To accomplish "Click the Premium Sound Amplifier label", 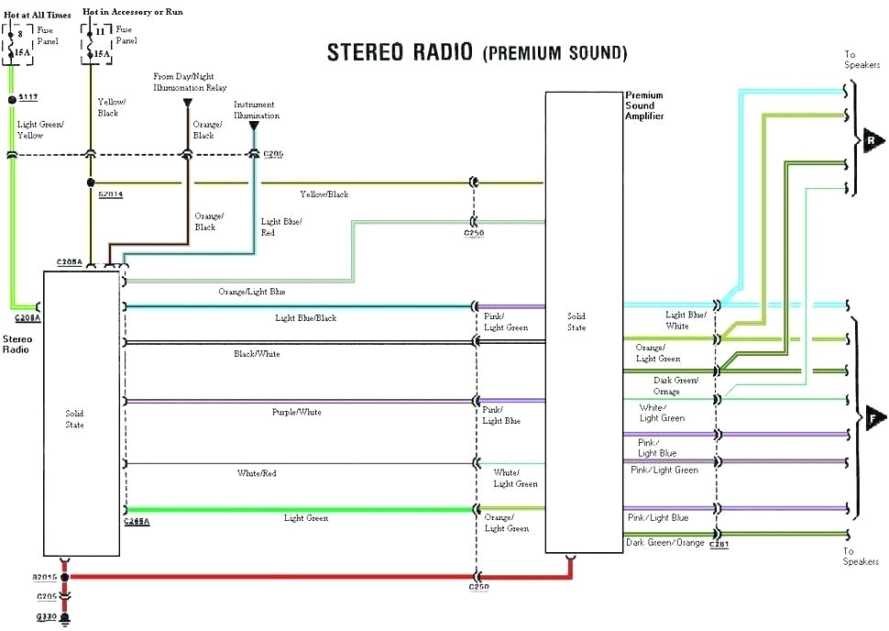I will [x=644, y=105].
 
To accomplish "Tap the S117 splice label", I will [x=28, y=97].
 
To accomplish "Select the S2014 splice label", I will [x=110, y=194].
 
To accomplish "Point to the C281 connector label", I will [x=719, y=544].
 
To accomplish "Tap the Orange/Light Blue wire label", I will [x=252, y=292].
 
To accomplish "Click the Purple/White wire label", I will [x=296, y=413].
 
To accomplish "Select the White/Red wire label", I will [x=257, y=473].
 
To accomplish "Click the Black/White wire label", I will [x=257, y=353].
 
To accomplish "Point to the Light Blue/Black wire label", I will [x=306, y=318].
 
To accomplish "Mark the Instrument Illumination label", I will [x=257, y=110].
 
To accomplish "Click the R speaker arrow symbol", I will [x=873, y=140].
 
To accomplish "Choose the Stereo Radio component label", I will [x=17, y=344].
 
